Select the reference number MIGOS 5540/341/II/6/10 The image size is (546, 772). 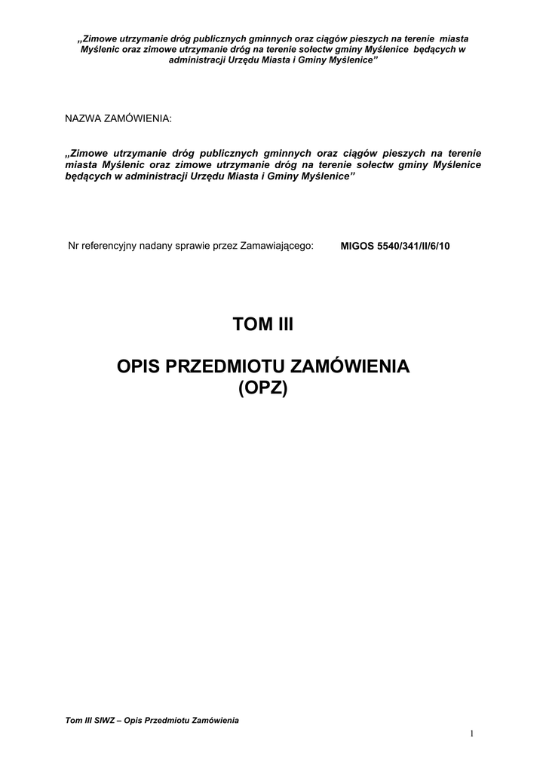tap(395, 247)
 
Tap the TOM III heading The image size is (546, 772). tap(262, 325)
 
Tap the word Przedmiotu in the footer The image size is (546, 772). tap(171, 721)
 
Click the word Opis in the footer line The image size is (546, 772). tap(133, 721)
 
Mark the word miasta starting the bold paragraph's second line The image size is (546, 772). tap(81, 164)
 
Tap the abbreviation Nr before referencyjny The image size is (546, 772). tap(73, 246)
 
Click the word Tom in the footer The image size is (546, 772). tap(74, 721)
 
